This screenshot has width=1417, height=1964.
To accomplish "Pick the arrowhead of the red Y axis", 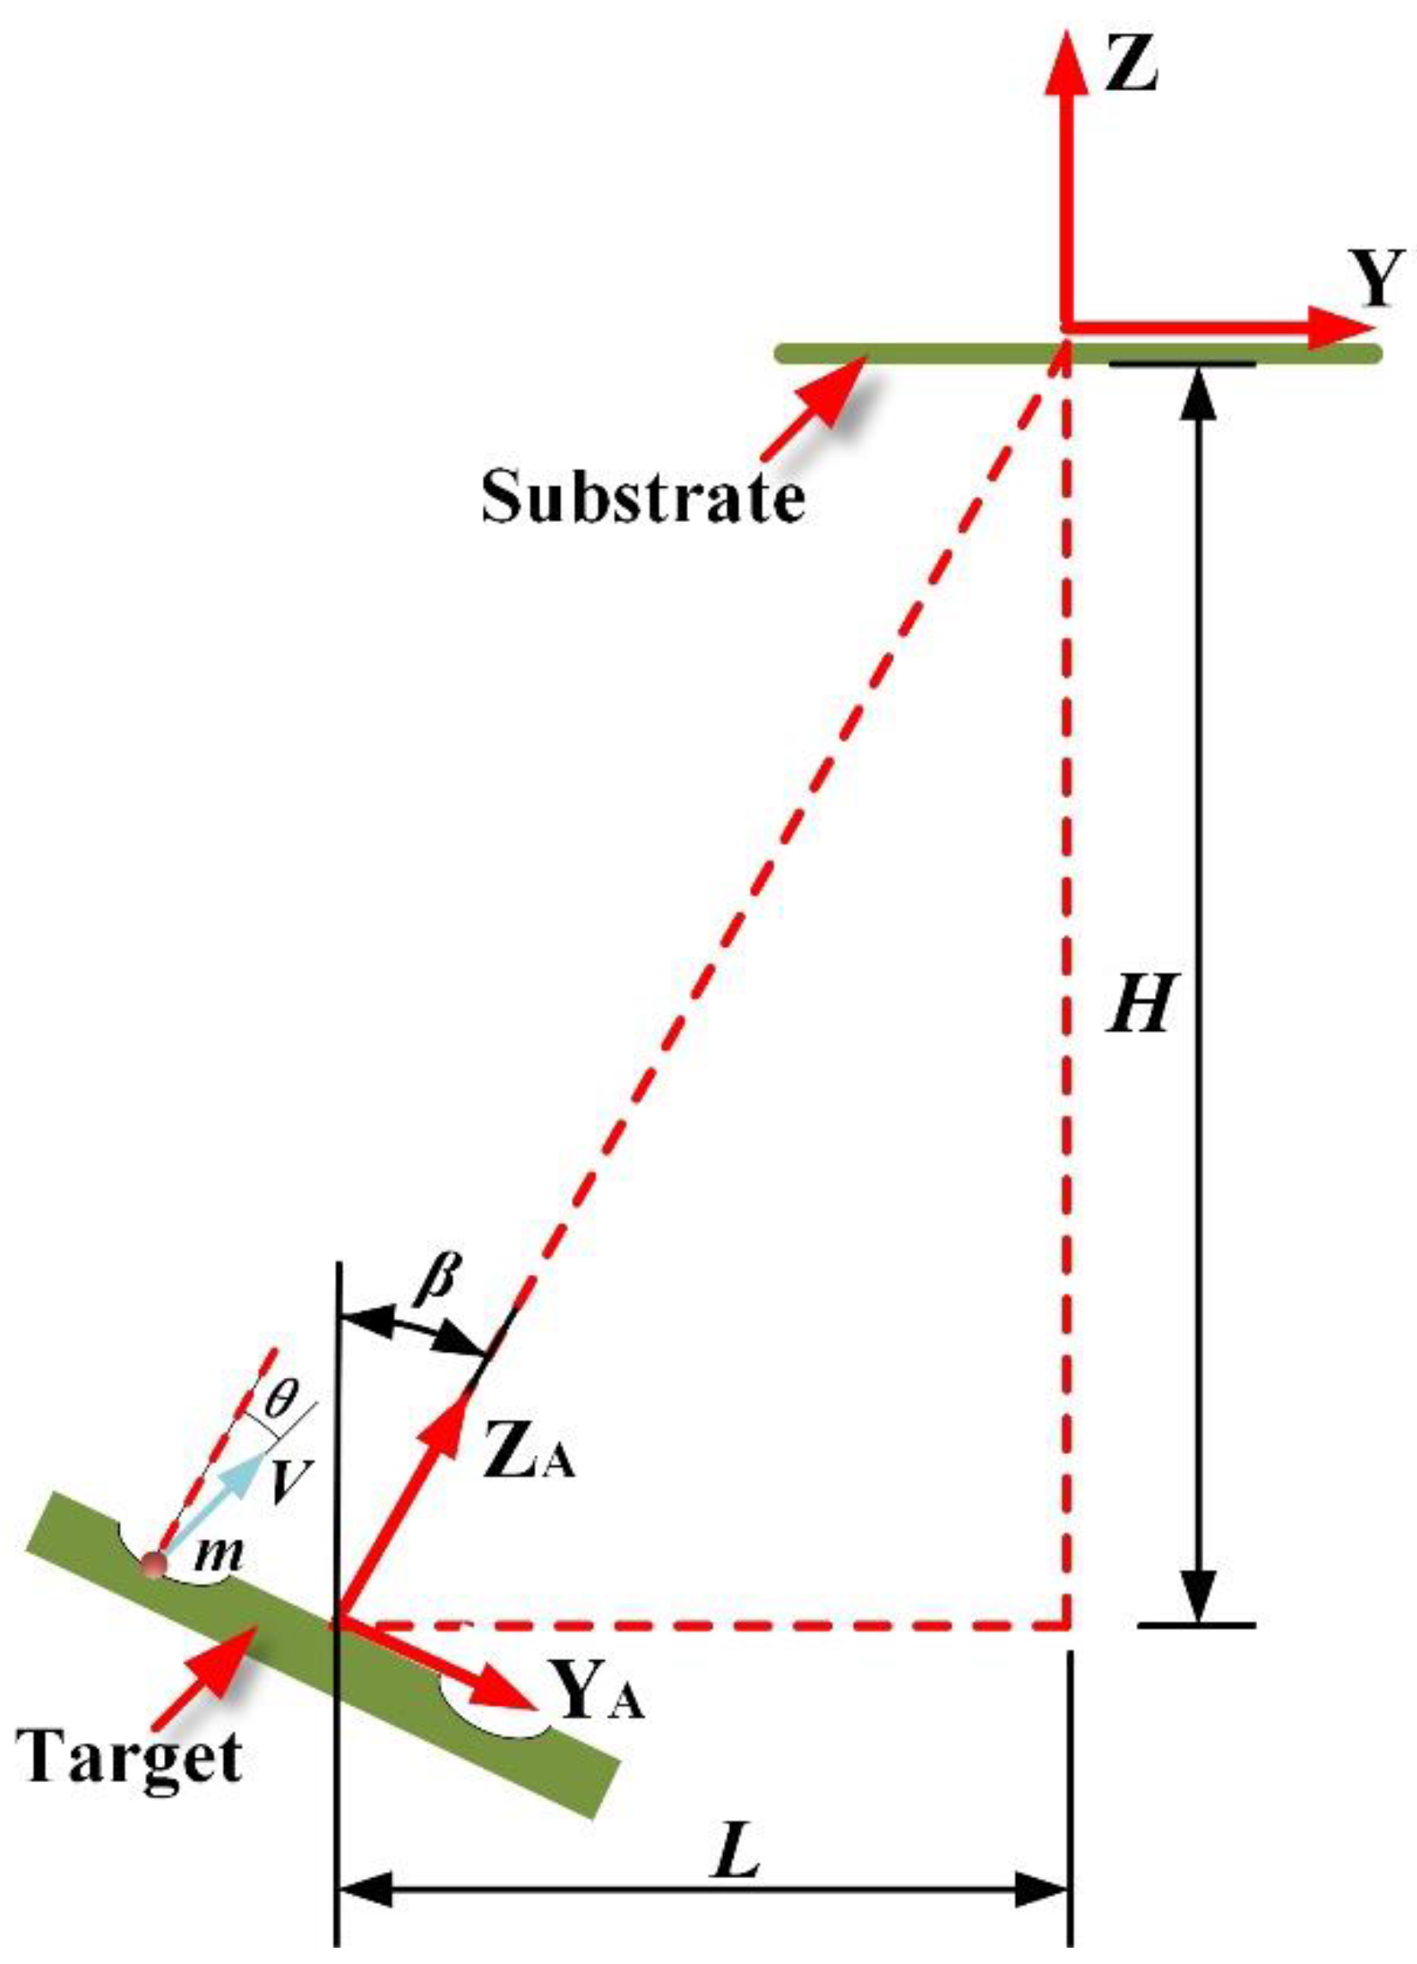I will pyautogui.click(x=1338, y=328).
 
